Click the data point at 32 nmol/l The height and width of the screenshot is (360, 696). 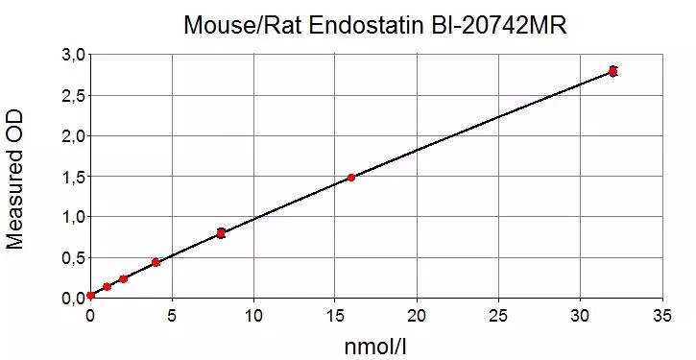point(613,71)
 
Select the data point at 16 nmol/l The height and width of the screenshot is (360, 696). point(351,178)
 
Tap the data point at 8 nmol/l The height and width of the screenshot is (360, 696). point(221,233)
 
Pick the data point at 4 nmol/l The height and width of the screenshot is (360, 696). point(156,262)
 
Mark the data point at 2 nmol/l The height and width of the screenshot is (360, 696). point(124,278)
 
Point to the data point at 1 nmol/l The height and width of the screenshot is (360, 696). point(107,287)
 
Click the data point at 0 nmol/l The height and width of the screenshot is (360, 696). point(90,295)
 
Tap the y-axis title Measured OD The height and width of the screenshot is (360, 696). point(14,180)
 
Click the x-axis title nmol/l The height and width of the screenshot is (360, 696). point(375,346)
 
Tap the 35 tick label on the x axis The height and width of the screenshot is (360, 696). point(662,316)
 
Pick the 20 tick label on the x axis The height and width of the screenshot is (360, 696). point(417,316)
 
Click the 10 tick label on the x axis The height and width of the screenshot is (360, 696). point(253,316)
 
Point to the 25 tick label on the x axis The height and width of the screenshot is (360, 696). point(498,316)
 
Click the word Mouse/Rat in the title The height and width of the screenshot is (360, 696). point(242,26)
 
